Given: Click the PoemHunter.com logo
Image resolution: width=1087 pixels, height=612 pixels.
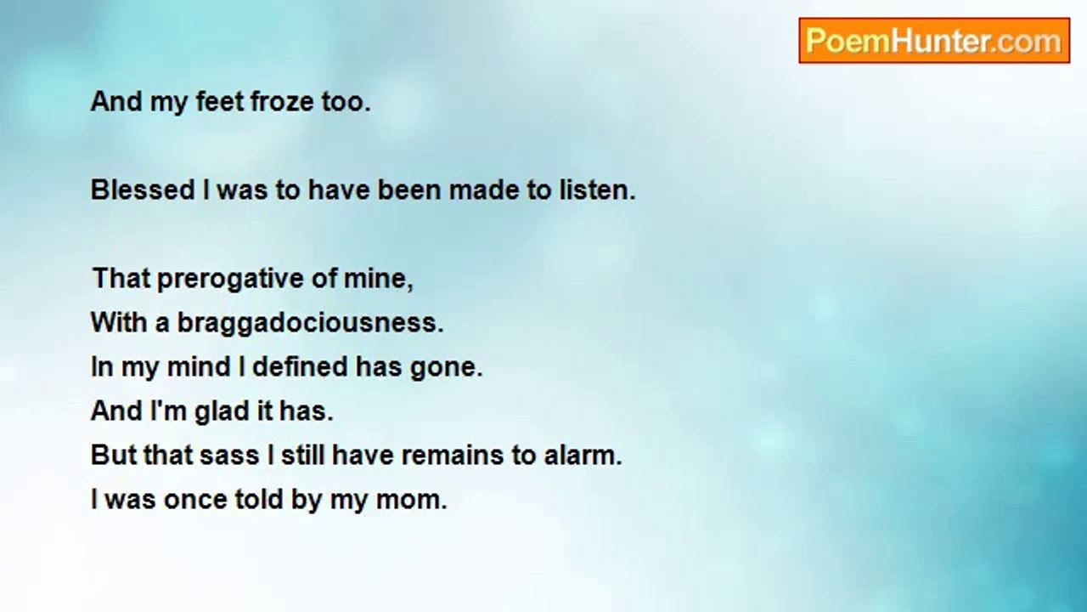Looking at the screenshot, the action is pyautogui.click(x=934, y=41).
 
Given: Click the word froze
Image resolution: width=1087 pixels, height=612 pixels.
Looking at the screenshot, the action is pyautogui.click(x=281, y=102).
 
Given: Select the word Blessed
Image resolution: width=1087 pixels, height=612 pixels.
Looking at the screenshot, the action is pyautogui.click(x=143, y=190).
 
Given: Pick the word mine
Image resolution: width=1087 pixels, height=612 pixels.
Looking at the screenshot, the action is pyautogui.click(x=378, y=279).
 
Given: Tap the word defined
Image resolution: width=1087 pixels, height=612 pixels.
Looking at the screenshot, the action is pyautogui.click(x=300, y=366).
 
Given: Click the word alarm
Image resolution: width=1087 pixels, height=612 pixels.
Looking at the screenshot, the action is pyautogui.click(x=583, y=455).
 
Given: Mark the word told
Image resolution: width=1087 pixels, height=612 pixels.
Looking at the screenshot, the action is pyautogui.click(x=259, y=499).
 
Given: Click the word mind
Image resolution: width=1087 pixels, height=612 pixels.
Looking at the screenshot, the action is pyautogui.click(x=199, y=366).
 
